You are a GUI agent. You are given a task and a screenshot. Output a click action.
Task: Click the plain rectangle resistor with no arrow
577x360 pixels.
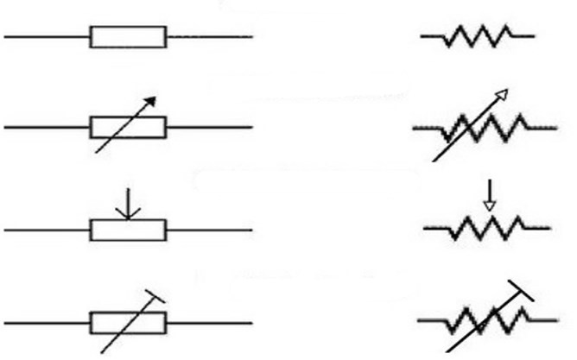pyautogui.click(x=128, y=37)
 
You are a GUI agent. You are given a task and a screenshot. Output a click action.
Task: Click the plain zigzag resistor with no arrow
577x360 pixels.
pyautogui.click(x=478, y=36)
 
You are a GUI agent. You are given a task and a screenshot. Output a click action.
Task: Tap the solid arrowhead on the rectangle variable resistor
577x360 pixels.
pyautogui.click(x=151, y=100)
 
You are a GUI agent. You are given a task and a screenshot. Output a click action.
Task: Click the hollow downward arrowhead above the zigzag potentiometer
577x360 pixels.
pyautogui.click(x=489, y=205)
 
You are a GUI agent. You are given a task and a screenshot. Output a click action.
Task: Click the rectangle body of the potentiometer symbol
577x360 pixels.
pyautogui.click(x=128, y=230)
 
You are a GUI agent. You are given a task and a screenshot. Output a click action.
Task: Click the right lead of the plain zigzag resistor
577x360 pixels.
pyautogui.click(x=523, y=36)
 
